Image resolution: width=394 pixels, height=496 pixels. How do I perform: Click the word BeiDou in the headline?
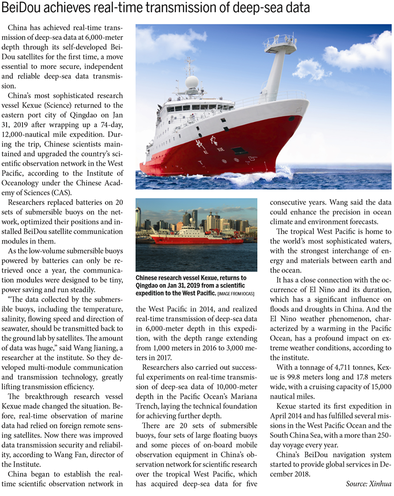pyautogui.click(x=27, y=9)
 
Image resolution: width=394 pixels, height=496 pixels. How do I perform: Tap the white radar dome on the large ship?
pyautogui.click(x=192, y=82)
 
